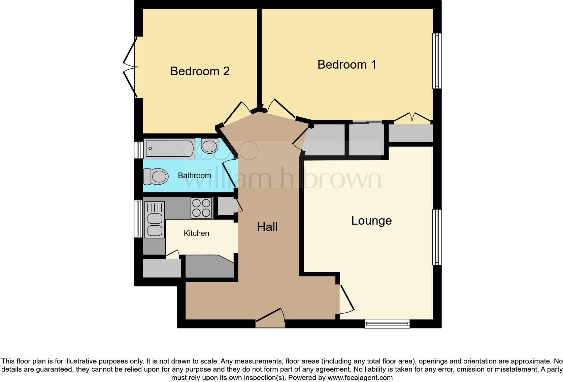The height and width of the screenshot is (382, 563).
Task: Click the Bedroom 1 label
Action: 346,64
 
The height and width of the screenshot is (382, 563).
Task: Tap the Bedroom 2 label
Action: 200,71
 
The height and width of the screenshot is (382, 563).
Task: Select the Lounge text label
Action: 371,221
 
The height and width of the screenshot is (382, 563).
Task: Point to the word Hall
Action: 267,227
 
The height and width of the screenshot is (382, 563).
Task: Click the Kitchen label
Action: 196,233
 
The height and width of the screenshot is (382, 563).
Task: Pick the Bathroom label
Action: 194,176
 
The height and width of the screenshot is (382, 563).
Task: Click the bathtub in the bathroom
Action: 169,148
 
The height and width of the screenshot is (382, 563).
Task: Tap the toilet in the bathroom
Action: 156,177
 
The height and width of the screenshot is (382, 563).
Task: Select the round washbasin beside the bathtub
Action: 210,147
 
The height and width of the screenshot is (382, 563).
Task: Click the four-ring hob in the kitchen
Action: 201,208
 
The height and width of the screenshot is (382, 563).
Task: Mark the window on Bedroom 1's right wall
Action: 437,61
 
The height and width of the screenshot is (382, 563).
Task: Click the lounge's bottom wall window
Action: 387,323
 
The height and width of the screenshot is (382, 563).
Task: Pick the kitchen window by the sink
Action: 138,219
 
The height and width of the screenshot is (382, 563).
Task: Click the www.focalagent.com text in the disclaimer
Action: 360,378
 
